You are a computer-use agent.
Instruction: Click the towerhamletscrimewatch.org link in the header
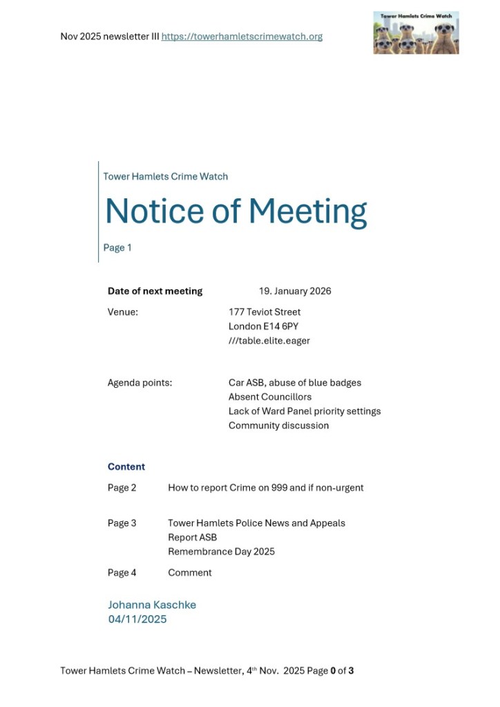(242, 37)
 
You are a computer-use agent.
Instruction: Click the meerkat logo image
(416, 32)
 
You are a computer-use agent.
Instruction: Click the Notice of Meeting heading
(235, 211)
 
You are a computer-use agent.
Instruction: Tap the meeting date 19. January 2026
(295, 291)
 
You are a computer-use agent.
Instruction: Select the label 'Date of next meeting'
(155, 291)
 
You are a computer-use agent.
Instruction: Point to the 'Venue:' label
(123, 312)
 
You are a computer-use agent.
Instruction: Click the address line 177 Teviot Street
(265, 312)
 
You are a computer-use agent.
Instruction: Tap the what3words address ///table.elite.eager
(269, 341)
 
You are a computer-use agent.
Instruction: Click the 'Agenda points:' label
(140, 383)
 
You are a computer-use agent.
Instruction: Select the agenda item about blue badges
(295, 383)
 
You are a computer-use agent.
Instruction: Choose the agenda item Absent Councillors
(270, 397)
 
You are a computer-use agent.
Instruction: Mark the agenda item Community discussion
(278, 426)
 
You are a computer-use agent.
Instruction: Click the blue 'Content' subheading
(126, 466)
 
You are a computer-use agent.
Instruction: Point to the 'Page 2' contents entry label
(122, 488)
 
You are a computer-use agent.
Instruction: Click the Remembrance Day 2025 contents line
(221, 552)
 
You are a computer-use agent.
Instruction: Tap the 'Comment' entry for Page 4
(190, 573)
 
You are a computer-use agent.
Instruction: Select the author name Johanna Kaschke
(152, 605)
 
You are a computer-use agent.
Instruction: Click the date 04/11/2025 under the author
(137, 619)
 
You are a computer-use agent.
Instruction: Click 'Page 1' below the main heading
(117, 247)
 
